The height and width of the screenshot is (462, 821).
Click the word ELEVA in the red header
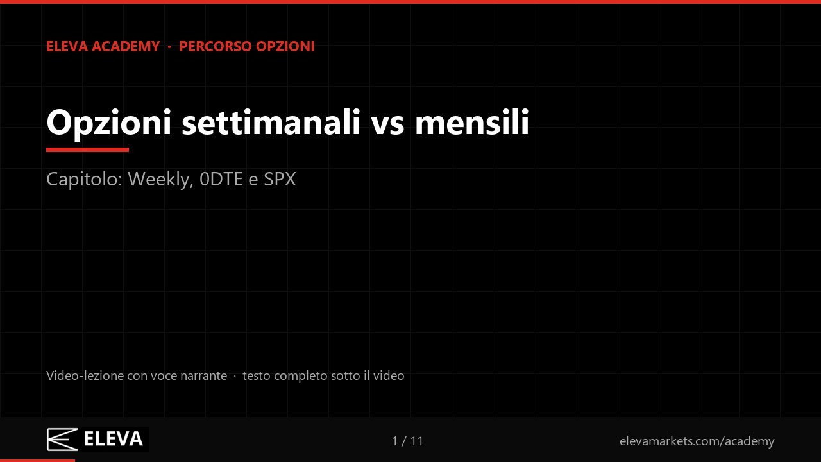click(x=67, y=47)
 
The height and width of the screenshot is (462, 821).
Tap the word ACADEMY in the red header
click(x=126, y=47)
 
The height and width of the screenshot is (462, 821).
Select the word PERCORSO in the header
click(x=216, y=47)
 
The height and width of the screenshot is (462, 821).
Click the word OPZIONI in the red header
click(x=285, y=47)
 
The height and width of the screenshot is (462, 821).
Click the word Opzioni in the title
click(x=109, y=123)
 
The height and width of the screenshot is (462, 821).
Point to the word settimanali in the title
click(x=271, y=123)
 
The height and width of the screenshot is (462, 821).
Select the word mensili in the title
click(x=472, y=123)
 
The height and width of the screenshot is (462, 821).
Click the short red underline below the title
click(x=88, y=150)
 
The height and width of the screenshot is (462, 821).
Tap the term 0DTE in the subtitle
click(x=221, y=179)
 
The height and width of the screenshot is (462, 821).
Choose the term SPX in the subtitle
click(x=280, y=179)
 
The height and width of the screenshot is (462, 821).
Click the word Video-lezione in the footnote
click(x=85, y=375)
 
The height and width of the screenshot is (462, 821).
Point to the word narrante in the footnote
click(x=204, y=376)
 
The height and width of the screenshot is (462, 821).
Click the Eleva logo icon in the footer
click(x=62, y=440)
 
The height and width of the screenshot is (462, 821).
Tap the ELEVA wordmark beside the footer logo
click(x=114, y=440)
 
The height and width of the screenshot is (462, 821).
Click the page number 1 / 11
click(x=407, y=441)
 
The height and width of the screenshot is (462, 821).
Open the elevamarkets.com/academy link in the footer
click(x=697, y=441)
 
